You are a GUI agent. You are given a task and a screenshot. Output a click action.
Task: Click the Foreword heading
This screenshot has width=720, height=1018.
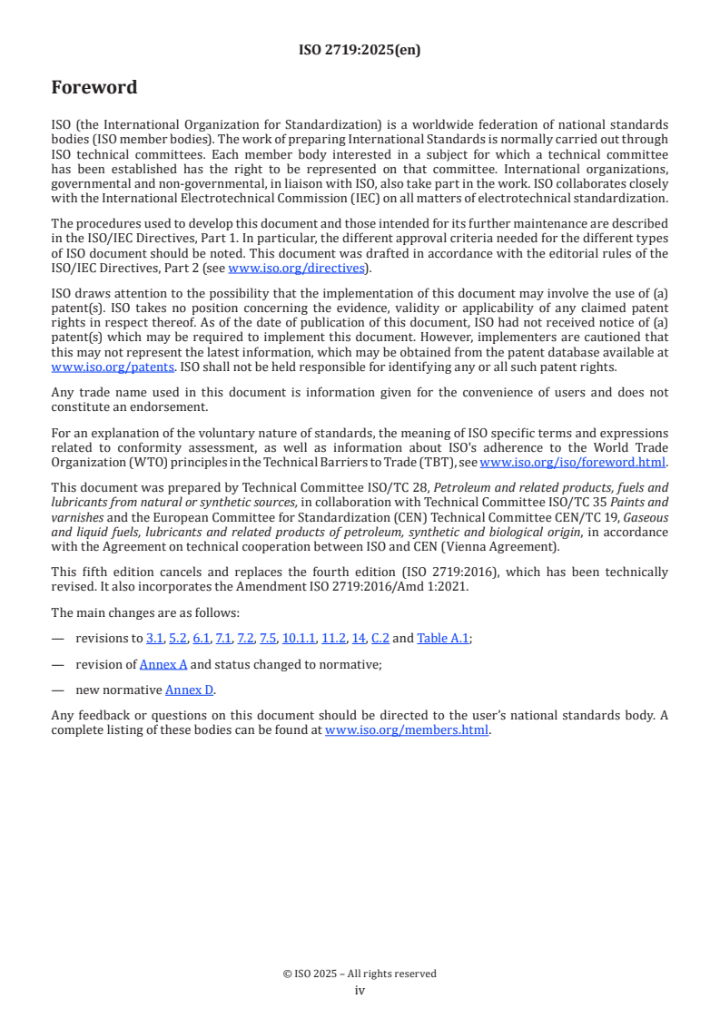(94, 88)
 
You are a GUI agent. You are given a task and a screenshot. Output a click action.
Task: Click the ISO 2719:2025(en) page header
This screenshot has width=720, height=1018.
(360, 51)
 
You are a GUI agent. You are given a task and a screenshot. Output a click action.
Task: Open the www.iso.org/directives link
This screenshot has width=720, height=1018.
(297, 268)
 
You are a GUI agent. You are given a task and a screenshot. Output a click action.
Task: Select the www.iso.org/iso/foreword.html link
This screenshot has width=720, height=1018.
(572, 462)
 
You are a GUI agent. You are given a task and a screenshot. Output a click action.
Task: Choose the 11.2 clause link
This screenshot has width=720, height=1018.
(333, 638)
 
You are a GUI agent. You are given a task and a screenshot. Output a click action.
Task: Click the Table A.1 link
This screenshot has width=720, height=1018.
(443, 638)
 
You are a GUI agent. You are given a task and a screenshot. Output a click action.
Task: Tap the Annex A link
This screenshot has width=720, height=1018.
(163, 664)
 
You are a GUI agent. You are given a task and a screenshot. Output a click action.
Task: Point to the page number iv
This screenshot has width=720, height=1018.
(360, 991)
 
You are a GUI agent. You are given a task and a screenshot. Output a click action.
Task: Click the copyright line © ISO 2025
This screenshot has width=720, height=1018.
(360, 974)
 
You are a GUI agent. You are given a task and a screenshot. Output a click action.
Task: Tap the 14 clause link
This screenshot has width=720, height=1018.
(358, 638)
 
